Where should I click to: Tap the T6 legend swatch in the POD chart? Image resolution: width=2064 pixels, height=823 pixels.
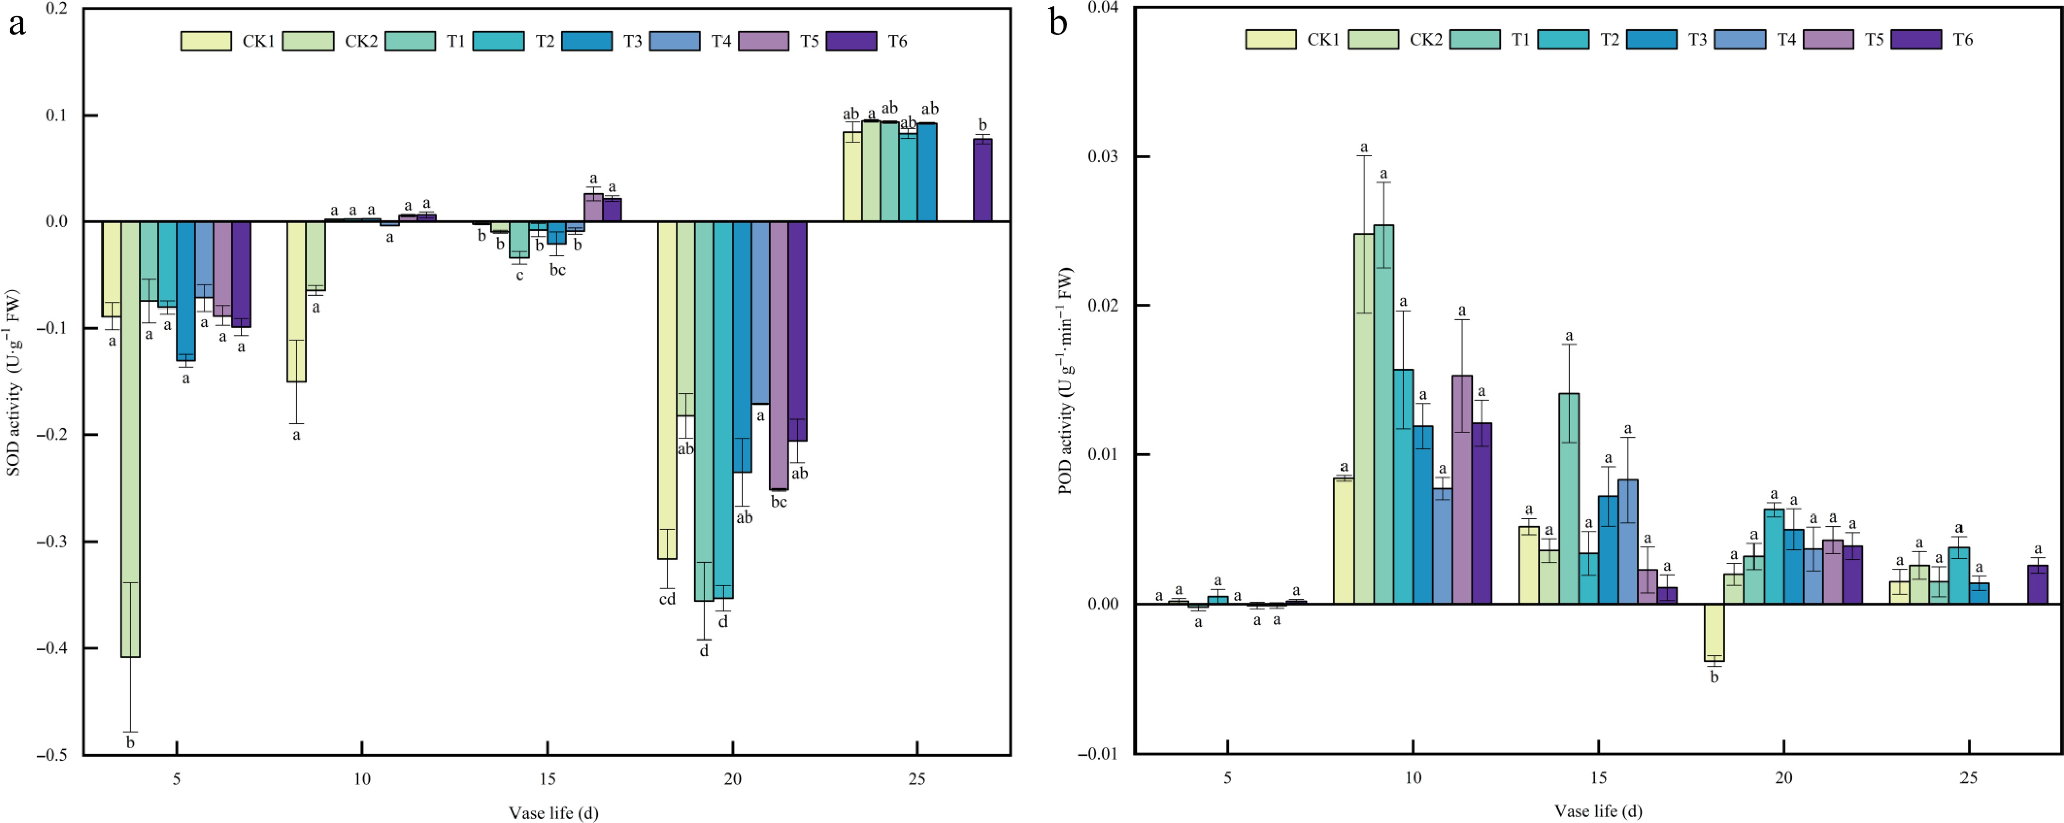pyautogui.click(x=1916, y=39)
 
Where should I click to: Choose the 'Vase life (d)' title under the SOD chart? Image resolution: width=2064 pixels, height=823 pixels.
pyautogui.click(x=553, y=813)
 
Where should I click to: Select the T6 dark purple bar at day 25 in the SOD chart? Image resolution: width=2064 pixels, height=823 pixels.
pyautogui.click(x=982, y=181)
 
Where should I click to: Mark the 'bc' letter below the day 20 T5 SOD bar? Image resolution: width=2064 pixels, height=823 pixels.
pyautogui.click(x=778, y=502)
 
